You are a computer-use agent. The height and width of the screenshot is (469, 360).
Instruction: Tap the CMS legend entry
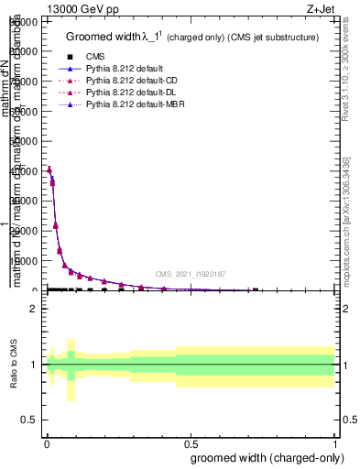pyautogui.click(x=94, y=57)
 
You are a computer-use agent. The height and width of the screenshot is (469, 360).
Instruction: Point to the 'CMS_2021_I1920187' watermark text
pyautogui.click(x=190, y=274)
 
